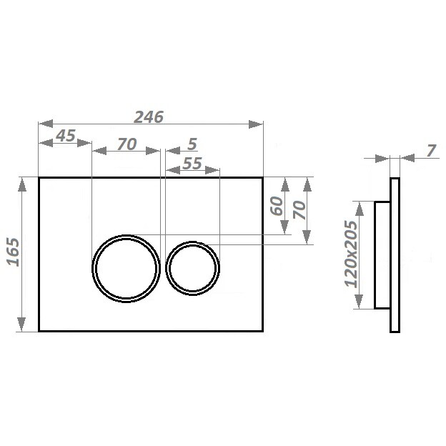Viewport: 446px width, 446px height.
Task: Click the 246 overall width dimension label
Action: (x=149, y=117)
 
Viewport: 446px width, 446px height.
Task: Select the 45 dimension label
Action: (x=66, y=136)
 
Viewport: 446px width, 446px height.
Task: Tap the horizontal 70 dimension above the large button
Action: (x=127, y=144)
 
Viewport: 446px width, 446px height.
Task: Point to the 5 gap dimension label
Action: (x=192, y=144)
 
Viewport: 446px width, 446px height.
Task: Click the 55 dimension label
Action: (x=192, y=163)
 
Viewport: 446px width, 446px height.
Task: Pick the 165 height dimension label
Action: (x=14, y=252)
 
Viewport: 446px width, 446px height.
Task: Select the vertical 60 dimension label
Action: (x=277, y=206)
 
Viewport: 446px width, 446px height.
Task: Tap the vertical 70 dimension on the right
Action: (x=299, y=210)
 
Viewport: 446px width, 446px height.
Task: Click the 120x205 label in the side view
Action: (x=351, y=254)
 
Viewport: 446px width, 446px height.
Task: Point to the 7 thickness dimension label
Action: (x=431, y=151)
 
